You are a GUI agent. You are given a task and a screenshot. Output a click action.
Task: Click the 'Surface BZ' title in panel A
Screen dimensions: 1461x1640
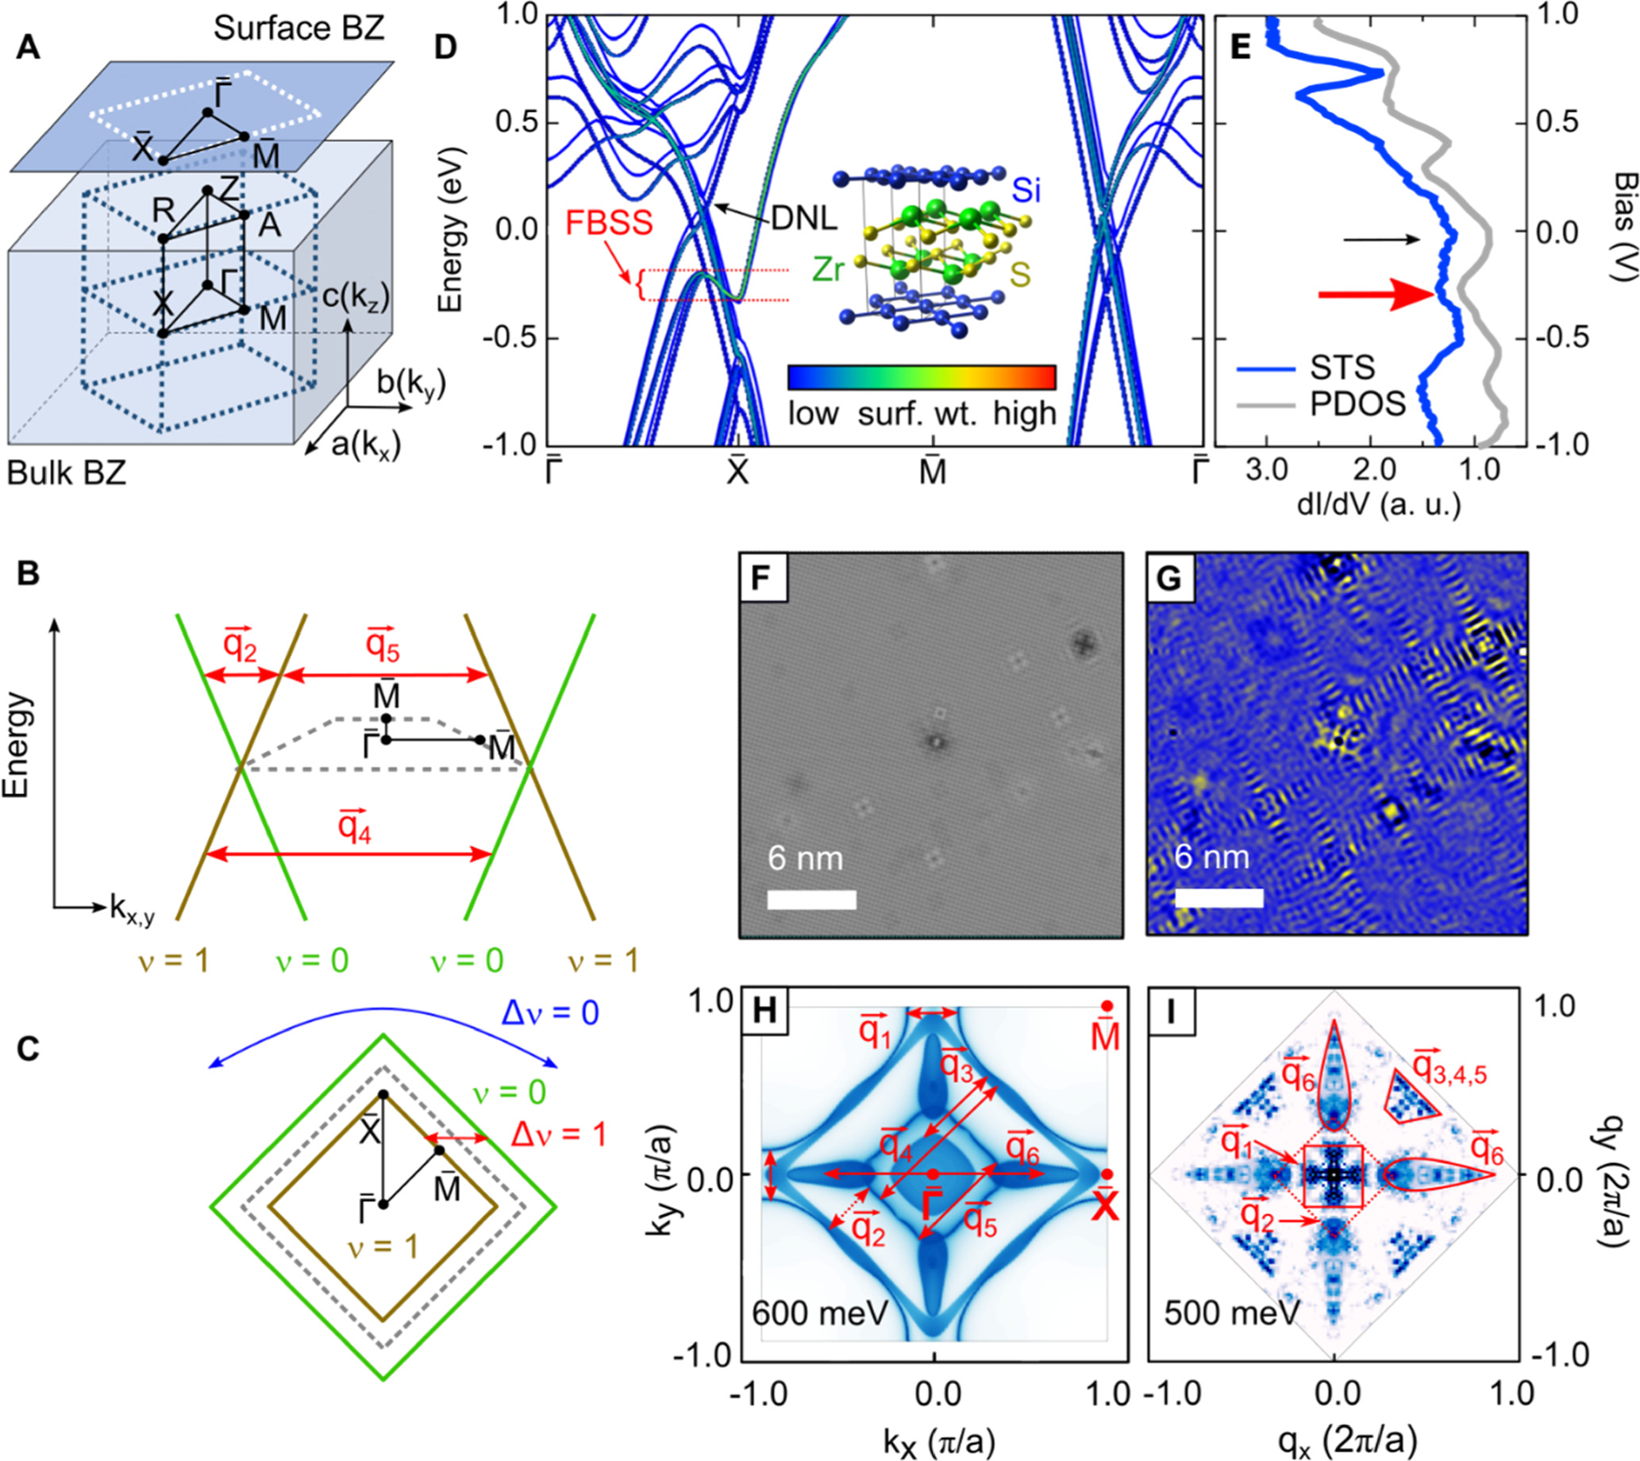click(x=299, y=29)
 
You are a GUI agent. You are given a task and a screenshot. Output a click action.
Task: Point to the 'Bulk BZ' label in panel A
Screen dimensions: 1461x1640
click(x=67, y=473)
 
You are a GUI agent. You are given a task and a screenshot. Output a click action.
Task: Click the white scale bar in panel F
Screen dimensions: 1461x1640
click(x=811, y=899)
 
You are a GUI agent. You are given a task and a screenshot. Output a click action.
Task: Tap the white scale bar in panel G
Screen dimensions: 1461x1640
click(x=1218, y=898)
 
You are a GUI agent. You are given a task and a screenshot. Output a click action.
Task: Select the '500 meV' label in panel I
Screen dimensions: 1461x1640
click(x=1232, y=1313)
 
